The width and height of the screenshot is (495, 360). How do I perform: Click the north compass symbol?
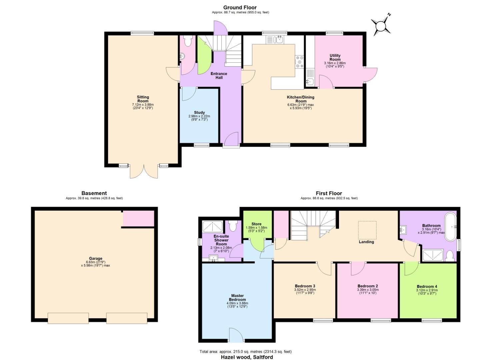click(381, 26)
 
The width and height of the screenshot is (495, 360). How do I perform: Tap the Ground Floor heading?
click(240, 7)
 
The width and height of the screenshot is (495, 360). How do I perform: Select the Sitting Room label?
click(143, 99)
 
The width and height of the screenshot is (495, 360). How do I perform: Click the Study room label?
click(199, 113)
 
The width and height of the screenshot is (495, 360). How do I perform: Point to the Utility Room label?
click(335, 58)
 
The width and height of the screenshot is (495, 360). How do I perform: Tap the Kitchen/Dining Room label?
click(300, 99)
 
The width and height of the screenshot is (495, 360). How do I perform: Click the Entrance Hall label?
click(219, 76)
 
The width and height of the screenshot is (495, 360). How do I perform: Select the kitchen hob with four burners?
click(299, 62)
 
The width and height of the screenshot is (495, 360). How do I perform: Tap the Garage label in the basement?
click(95, 258)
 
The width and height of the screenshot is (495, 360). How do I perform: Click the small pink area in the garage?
click(138, 219)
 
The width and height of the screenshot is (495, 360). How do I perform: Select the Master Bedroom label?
click(237, 297)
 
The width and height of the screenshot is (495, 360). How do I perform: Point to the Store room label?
click(256, 224)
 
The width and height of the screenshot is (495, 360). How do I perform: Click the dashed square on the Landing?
click(367, 230)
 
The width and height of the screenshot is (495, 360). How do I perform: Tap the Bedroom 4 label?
click(427, 286)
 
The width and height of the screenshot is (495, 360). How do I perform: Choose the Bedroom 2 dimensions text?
click(367, 291)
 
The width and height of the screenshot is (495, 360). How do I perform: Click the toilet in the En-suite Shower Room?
click(233, 226)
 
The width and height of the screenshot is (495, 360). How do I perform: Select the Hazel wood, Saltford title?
click(247, 357)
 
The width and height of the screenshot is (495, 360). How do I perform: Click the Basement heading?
click(94, 193)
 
